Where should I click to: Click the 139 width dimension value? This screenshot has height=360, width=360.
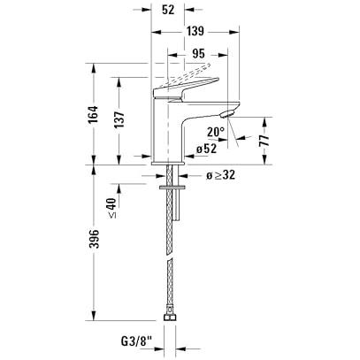[195, 31]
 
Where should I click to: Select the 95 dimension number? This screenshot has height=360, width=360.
[198, 54]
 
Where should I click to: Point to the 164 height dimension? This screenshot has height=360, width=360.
[93, 114]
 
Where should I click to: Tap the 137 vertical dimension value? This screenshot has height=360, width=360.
[119, 119]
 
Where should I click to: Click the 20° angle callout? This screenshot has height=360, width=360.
[216, 132]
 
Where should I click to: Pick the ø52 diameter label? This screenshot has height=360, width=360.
[207, 149]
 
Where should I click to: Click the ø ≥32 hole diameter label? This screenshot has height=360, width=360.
[220, 175]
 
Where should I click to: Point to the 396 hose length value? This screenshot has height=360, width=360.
[94, 239]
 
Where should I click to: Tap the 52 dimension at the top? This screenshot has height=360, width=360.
[168, 10]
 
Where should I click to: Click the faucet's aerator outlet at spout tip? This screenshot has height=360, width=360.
[227, 113]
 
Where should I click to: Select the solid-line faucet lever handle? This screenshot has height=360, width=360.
[185, 88]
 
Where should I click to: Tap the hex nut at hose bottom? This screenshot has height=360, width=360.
[170, 317]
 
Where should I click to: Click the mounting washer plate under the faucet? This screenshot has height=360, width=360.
[172, 187]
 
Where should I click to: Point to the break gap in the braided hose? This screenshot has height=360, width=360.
[169, 258]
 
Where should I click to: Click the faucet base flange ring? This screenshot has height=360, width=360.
[168, 163]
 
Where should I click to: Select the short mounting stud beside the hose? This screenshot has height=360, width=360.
[176, 204]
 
